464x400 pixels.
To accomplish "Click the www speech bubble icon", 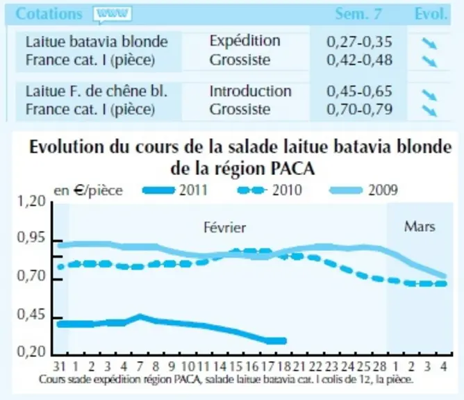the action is tap(112, 15).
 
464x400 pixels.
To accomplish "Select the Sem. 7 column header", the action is tap(358, 14).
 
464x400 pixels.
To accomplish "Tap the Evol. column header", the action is tap(431, 14).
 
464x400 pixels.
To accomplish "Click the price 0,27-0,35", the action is tap(359, 42).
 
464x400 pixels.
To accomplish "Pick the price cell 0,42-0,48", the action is tap(359, 60).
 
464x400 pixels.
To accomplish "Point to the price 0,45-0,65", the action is tap(359, 91).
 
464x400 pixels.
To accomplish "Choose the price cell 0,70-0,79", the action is tap(359, 110).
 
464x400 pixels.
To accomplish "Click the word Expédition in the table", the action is tap(245, 41).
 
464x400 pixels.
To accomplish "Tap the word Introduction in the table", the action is tap(250, 91).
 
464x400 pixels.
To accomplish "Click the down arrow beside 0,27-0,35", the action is tap(429, 44).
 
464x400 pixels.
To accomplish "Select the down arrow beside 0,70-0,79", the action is tap(429, 110).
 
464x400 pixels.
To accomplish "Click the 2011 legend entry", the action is tap(175, 190).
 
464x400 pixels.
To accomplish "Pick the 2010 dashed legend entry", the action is tap(270, 190).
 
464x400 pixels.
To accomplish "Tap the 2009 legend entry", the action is tap(364, 190).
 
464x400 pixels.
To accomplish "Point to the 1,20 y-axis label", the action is tap(32, 201).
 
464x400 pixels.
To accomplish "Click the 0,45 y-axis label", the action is tap(32, 315).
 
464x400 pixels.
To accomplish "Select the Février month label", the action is tap(225, 228).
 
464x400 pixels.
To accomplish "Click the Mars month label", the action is tap(420, 226).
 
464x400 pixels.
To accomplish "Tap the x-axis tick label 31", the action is tap(59, 367).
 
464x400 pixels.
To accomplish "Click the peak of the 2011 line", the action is tap(140, 317).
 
